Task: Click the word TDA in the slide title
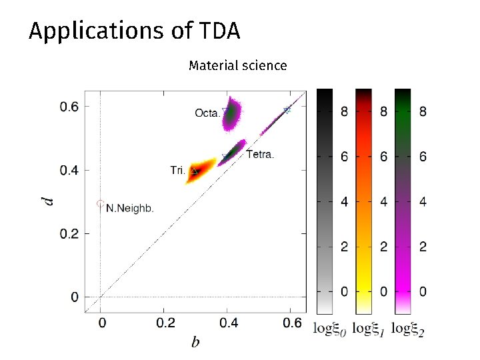click(219, 31)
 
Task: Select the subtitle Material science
click(237, 65)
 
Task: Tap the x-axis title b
click(195, 343)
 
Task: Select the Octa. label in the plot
click(207, 113)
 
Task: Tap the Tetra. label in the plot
click(260, 155)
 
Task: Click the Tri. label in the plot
click(177, 171)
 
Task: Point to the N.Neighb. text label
click(130, 208)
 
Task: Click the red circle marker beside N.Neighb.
click(100, 203)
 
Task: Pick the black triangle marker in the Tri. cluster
click(195, 171)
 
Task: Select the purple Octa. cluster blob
click(233, 116)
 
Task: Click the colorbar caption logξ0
click(329, 328)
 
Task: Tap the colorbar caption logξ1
click(368, 328)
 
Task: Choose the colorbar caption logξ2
click(408, 328)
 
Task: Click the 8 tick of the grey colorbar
click(344, 112)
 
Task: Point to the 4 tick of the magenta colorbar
click(423, 202)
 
